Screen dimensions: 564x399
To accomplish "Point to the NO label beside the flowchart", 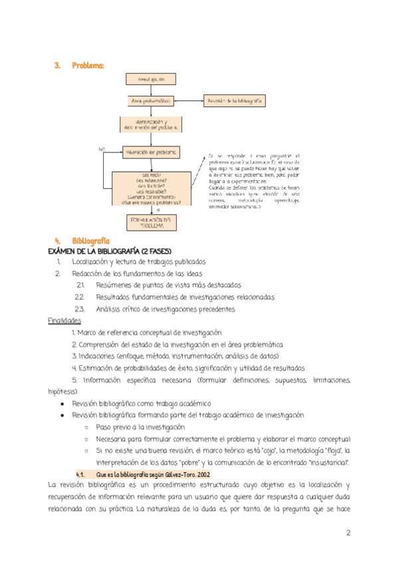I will tap(102, 150).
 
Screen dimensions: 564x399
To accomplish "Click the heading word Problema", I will tap(88, 65).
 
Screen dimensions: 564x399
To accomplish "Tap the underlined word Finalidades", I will tap(65, 321).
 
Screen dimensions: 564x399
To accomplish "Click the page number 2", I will tap(348, 533).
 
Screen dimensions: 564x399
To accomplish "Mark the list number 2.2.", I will tap(80, 297).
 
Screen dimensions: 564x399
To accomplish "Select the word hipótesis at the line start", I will tap(63, 392).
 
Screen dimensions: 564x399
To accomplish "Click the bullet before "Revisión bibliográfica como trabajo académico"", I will tap(62, 404).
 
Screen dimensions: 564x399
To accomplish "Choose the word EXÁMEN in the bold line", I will tap(66, 251).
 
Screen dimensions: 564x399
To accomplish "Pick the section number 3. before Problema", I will tap(57, 65).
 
